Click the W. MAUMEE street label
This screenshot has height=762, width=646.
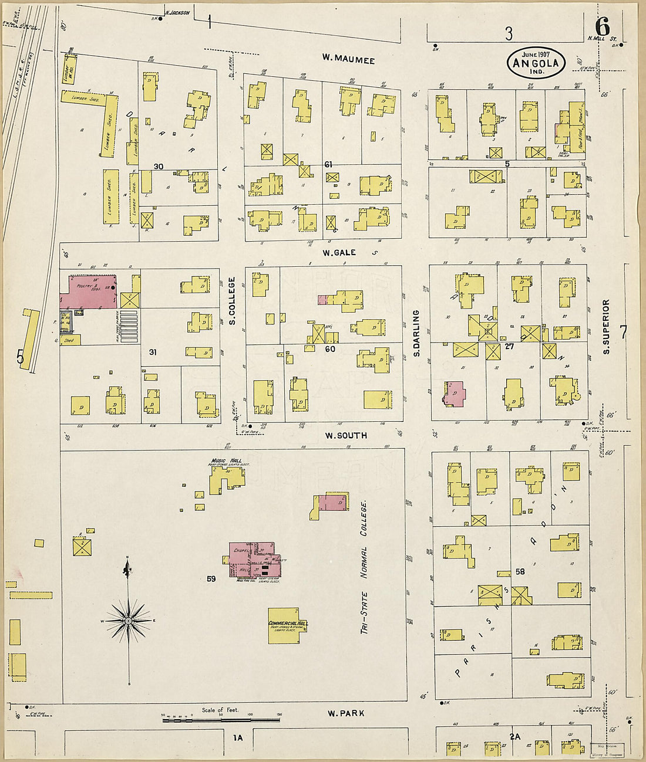click(x=348, y=59)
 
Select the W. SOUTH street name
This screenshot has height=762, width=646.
click(x=346, y=435)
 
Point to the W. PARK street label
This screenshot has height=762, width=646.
click(x=346, y=713)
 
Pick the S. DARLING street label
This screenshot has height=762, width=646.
click(x=416, y=334)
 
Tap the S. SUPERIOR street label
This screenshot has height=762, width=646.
click(x=606, y=326)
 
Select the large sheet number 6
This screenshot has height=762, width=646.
click(x=603, y=27)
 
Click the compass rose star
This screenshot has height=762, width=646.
click(x=128, y=620)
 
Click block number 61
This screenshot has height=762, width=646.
click(x=329, y=165)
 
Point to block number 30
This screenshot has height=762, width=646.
click(x=159, y=167)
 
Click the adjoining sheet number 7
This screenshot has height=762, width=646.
click(x=624, y=331)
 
